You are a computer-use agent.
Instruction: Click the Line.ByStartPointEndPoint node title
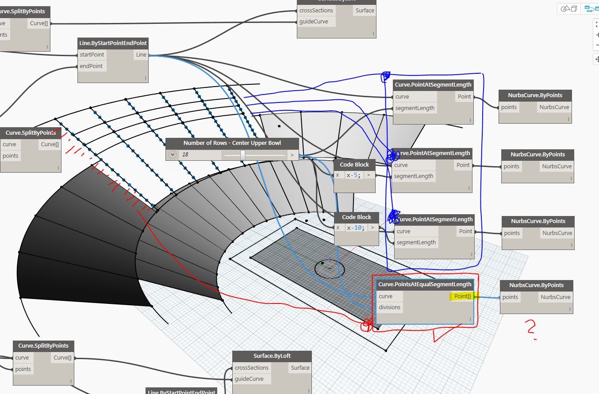click(x=112, y=43)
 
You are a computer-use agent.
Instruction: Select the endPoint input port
click(x=91, y=66)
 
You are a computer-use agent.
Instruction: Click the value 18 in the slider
click(x=185, y=155)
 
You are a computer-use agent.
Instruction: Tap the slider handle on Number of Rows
click(x=243, y=155)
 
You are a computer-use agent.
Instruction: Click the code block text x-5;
click(x=353, y=175)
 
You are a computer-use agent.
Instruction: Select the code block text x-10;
click(x=355, y=227)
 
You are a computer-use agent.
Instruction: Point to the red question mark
click(x=531, y=329)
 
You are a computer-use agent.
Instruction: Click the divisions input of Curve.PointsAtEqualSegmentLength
click(x=390, y=307)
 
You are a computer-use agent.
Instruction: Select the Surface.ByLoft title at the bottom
click(x=272, y=356)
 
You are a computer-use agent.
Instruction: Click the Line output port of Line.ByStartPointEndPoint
click(x=141, y=55)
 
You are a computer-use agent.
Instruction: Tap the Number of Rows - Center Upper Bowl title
click(x=232, y=143)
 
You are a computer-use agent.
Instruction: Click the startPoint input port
click(x=92, y=55)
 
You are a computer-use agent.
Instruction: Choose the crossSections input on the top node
click(x=316, y=10)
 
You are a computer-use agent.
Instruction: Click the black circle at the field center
click(x=329, y=268)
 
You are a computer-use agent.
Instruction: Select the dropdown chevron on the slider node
click(x=173, y=155)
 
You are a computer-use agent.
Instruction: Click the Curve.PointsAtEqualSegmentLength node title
click(x=425, y=284)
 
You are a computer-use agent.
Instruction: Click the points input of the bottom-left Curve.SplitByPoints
click(x=23, y=369)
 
